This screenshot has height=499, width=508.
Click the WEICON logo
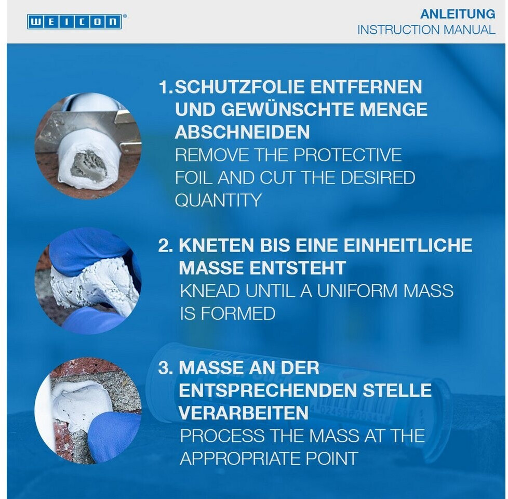[75, 22]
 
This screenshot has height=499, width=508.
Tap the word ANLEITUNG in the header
[458, 14]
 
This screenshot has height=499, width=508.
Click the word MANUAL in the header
[470, 30]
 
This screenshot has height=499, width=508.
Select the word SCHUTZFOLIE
[239, 87]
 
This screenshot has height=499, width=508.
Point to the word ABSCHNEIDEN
[243, 132]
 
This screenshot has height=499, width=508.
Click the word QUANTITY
[218, 200]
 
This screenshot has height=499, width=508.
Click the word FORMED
[238, 313]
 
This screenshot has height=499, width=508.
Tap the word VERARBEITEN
[243, 413]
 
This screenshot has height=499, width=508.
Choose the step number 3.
[165, 368]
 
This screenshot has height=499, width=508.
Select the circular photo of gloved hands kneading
[88, 281]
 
